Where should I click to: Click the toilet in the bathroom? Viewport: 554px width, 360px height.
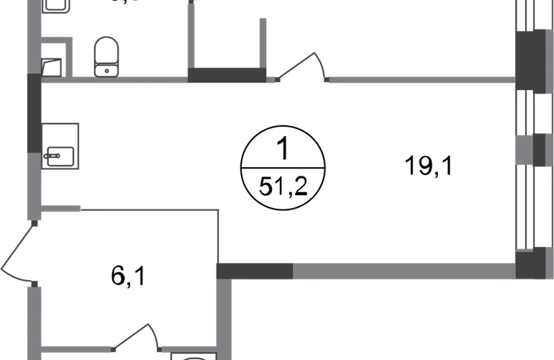pyautogui.click(x=106, y=56)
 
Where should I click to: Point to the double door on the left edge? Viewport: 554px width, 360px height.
pyautogui.click(x=18, y=252)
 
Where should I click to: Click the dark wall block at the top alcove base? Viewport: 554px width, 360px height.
pyautogui.click(x=224, y=74)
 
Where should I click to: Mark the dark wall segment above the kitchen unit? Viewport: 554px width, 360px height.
pyautogui.click(x=33, y=112)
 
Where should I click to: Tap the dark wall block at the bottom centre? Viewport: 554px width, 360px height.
pyautogui.click(x=254, y=271)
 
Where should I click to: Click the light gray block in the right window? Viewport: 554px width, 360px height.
pyautogui.click(x=523, y=150)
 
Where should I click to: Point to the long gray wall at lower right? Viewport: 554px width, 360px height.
pyautogui.click(x=403, y=271)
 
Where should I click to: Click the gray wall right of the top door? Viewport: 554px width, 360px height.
pyautogui.click(x=421, y=79)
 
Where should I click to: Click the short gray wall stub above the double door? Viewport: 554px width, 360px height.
pyautogui.click(x=62, y=210)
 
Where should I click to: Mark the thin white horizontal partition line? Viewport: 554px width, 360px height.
pyautogui.click(x=147, y=210)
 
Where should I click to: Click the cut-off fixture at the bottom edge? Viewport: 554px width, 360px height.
pyautogui.click(x=192, y=356)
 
